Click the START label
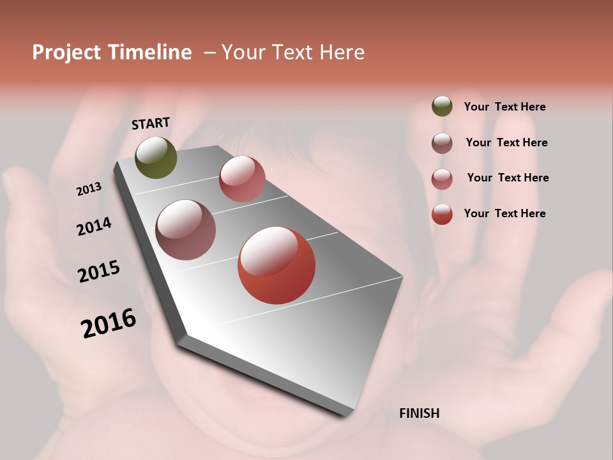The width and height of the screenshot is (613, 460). [151, 123]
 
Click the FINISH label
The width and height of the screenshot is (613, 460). [419, 413]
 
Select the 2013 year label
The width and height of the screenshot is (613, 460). [89, 189]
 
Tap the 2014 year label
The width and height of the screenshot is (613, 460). [94, 226]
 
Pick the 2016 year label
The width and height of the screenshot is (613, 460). [109, 323]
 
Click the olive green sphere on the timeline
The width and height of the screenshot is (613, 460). [156, 158]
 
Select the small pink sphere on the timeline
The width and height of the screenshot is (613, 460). [242, 179]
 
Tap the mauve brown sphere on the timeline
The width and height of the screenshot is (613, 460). [186, 230]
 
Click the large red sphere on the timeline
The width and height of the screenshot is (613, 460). [276, 265]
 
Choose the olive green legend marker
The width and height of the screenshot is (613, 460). [442, 107]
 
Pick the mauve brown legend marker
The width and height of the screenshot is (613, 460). [442, 143]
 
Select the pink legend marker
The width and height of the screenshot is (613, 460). [442, 179]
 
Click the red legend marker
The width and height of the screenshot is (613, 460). [442, 215]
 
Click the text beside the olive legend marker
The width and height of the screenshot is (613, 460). [504, 107]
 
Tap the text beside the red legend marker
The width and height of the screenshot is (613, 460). [504, 213]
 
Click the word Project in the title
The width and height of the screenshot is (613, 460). [66, 52]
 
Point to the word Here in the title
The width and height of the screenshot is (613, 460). [342, 52]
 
